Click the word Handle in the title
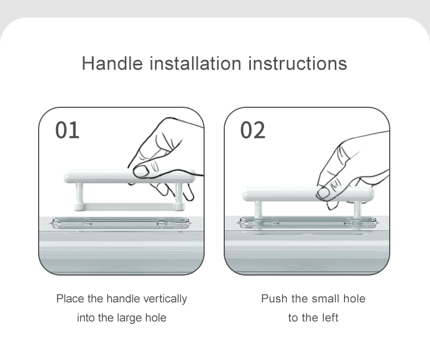tap(113, 63)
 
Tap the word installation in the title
tap(195, 63)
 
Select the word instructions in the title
tap(298, 63)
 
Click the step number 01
tap(67, 130)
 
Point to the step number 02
tap(253, 130)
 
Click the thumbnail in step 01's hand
tap(141, 172)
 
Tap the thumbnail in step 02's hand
tap(324, 193)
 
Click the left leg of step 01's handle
tap(79, 193)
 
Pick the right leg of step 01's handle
tap(179, 193)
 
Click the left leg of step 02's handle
tap(258, 210)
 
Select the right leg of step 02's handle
tap(357, 210)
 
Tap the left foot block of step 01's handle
tap(79, 207)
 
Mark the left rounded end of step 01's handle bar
tap(66, 176)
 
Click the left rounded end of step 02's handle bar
tap(246, 194)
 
